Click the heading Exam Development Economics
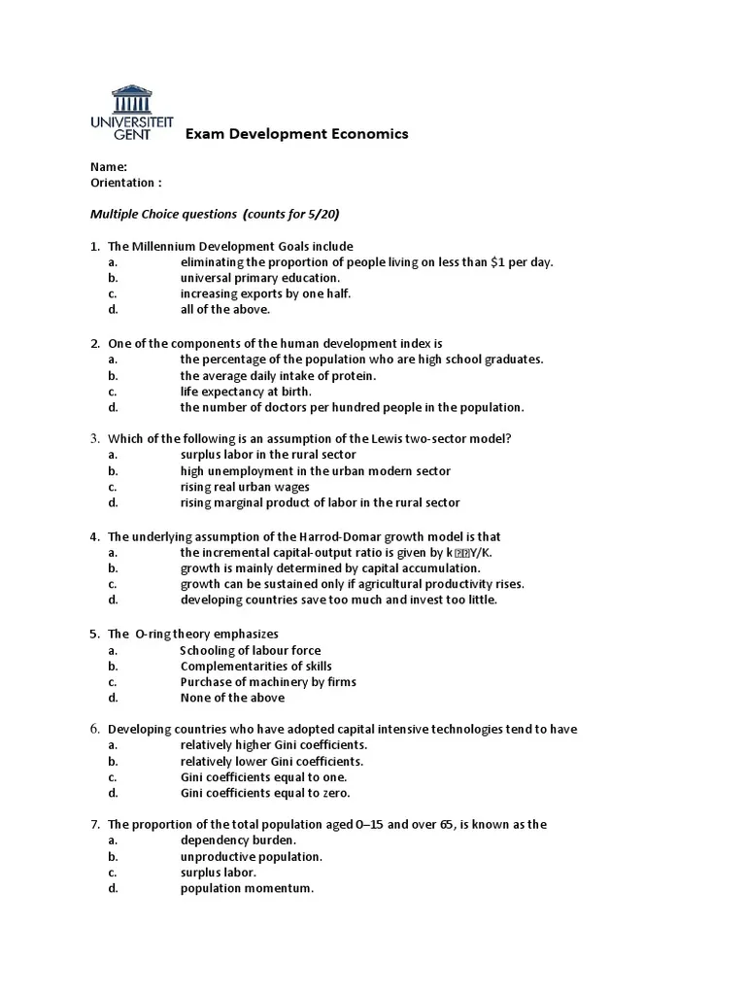click(296, 133)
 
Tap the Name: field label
click(109, 166)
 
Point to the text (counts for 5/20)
click(291, 214)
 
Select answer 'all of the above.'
click(224, 310)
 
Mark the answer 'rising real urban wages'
click(245, 487)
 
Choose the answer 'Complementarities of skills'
click(255, 666)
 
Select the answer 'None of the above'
click(232, 698)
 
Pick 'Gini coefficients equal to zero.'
click(265, 793)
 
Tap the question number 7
click(95, 824)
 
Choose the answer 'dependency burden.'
click(238, 841)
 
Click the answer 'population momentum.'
click(247, 888)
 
